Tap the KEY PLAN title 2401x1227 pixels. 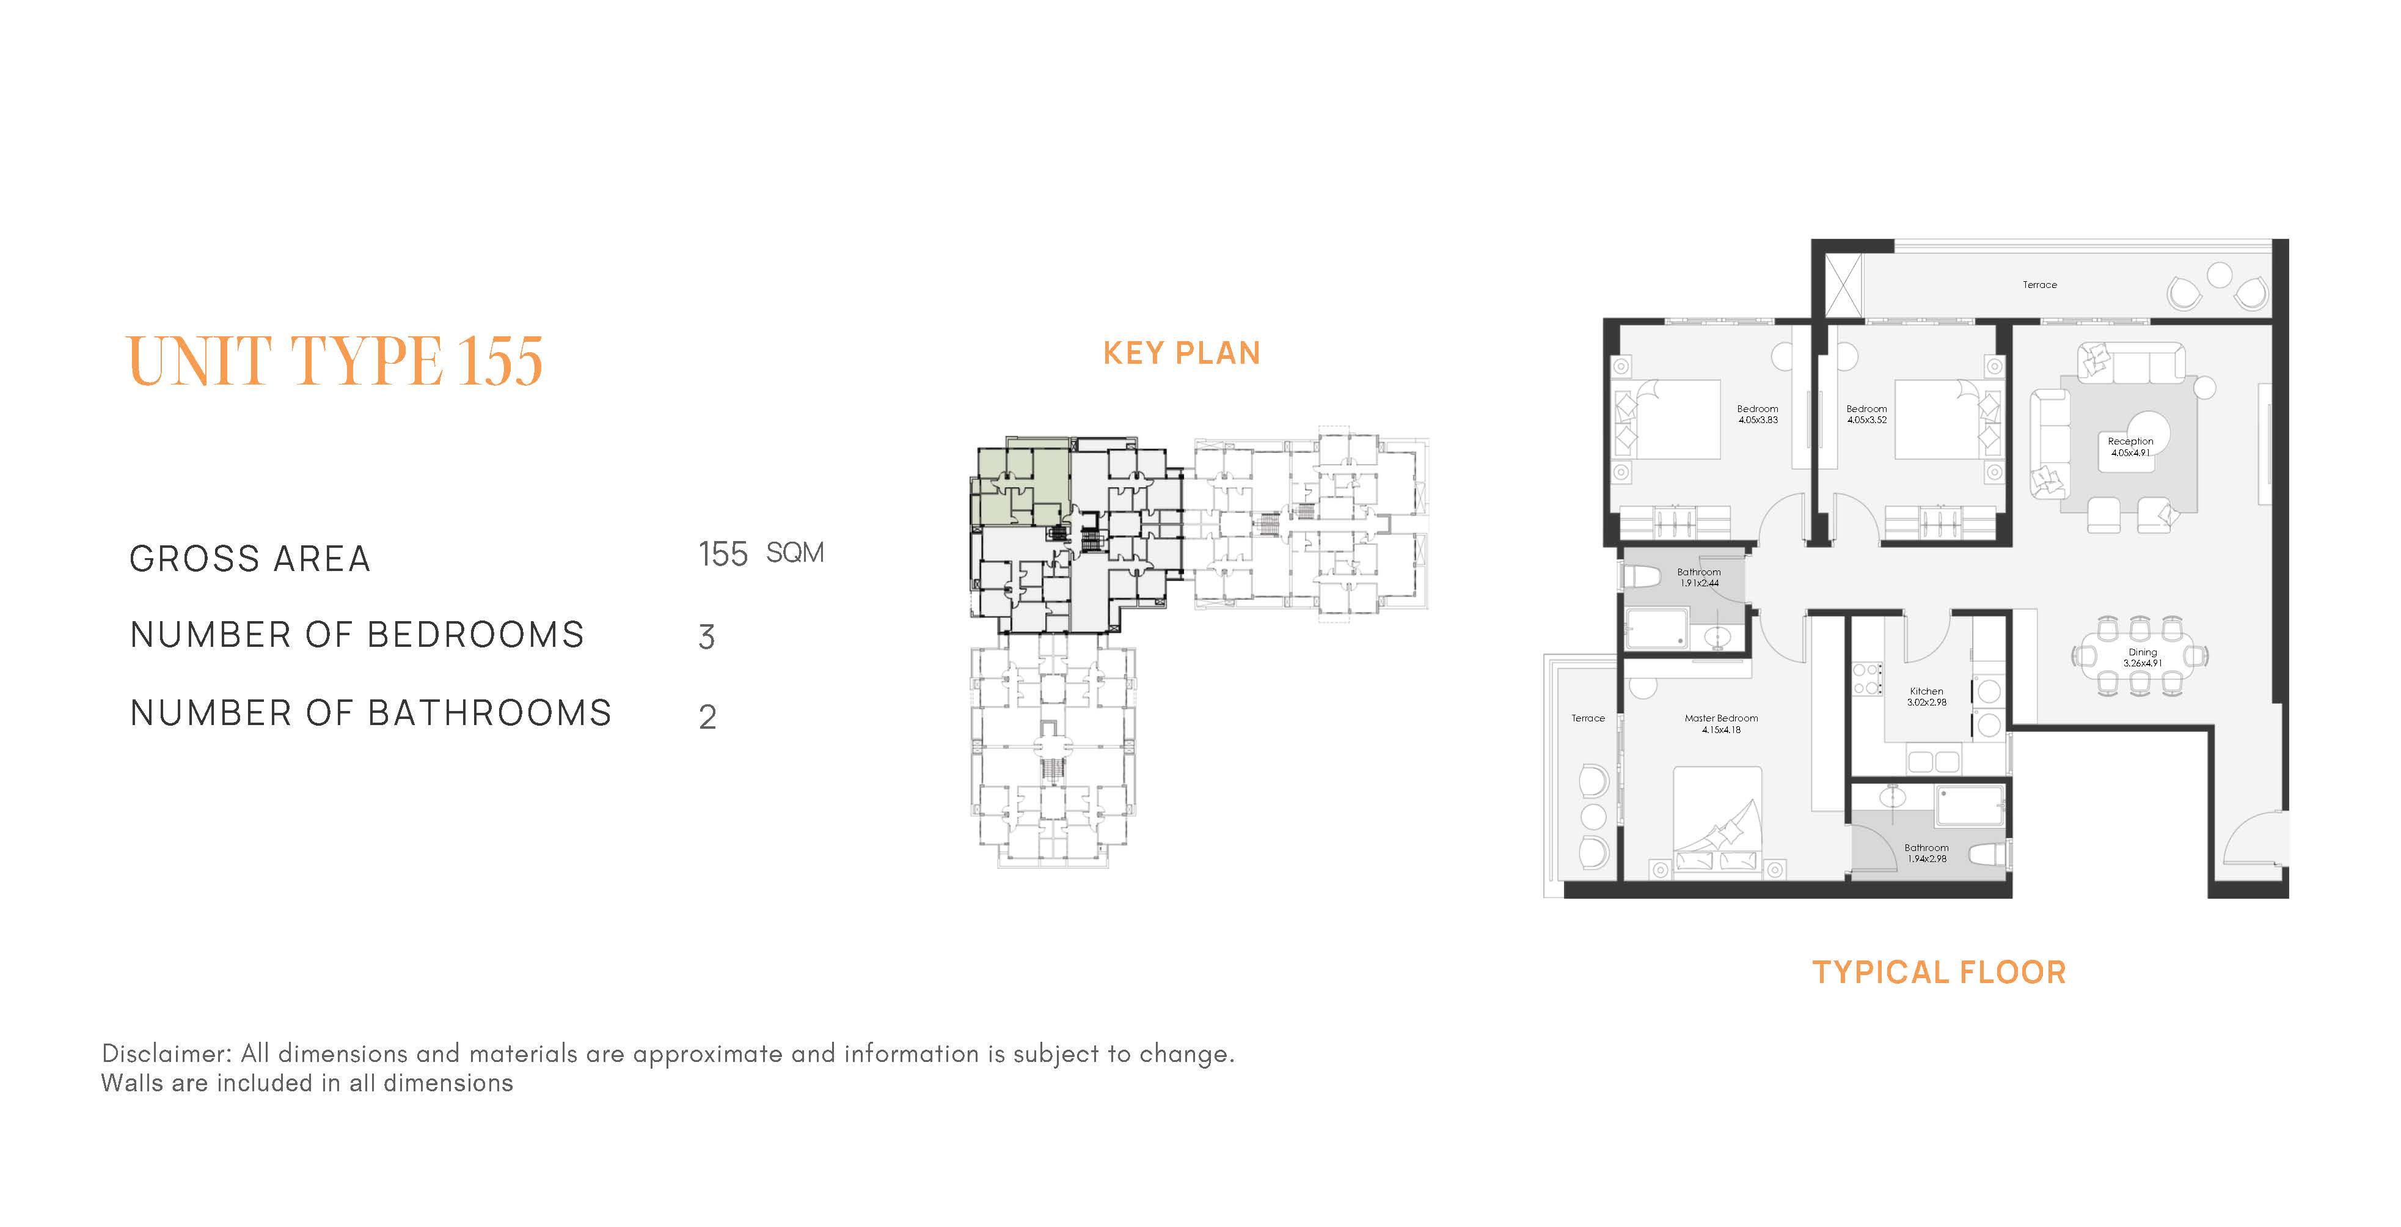click(1181, 353)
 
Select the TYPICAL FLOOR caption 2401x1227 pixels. click(1939, 973)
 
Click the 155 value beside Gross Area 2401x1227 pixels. click(723, 555)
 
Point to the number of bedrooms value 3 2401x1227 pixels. click(706, 638)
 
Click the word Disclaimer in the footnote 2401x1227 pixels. click(167, 1053)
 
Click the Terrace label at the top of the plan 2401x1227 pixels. click(2039, 284)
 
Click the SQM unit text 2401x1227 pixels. click(794, 553)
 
